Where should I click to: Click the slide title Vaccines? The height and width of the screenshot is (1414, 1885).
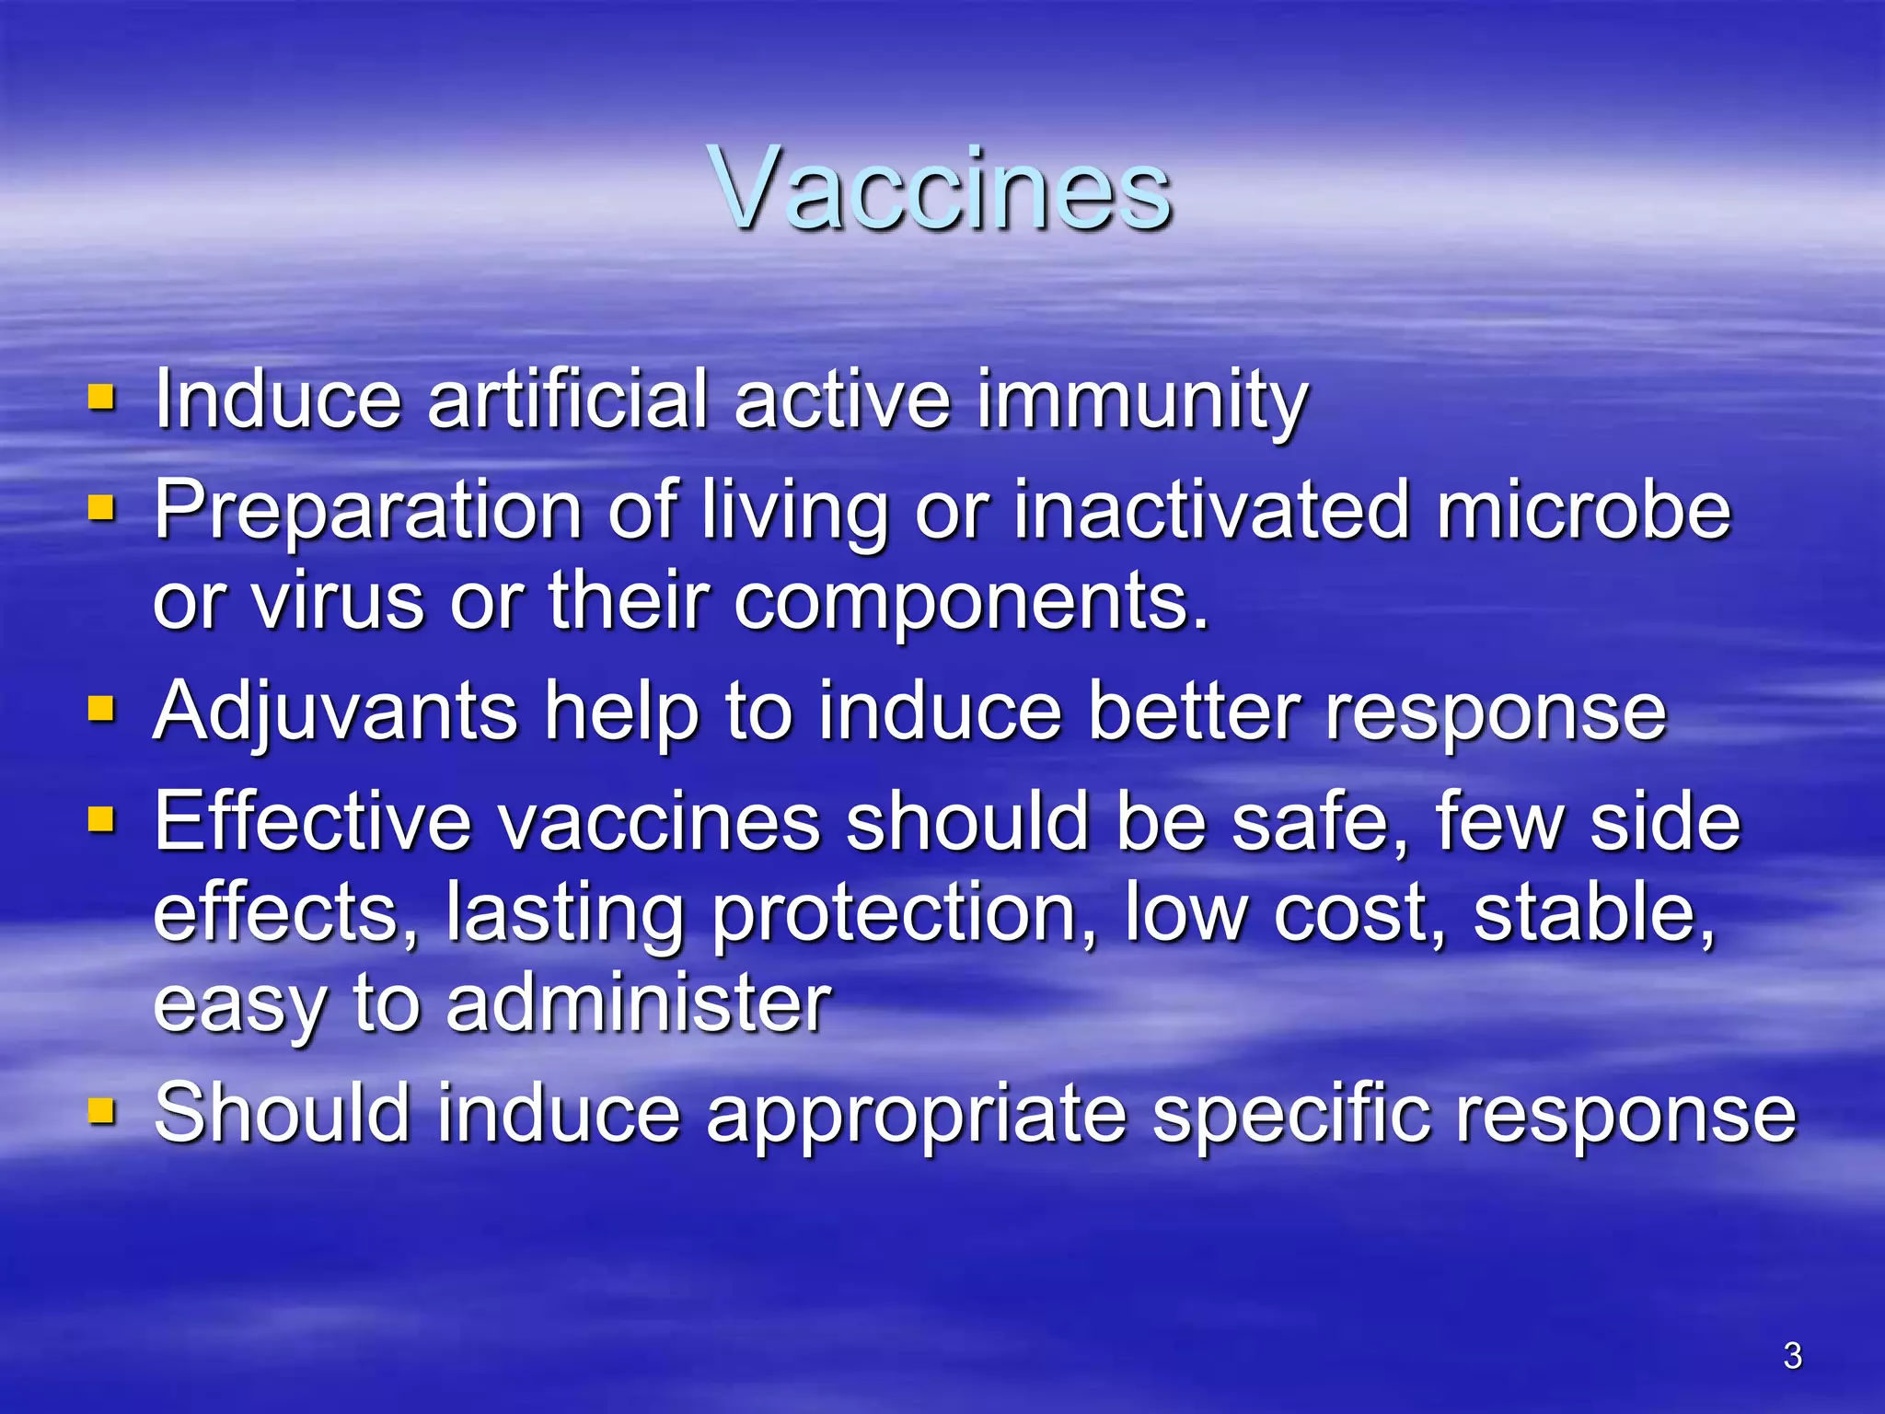point(941,191)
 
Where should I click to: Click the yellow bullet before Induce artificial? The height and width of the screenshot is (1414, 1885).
point(101,399)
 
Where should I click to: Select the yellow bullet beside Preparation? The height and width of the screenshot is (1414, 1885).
point(101,508)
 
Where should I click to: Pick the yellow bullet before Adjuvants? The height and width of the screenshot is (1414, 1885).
point(101,710)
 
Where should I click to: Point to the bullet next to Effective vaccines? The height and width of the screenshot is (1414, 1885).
point(101,818)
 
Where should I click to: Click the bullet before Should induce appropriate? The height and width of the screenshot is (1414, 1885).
point(101,1112)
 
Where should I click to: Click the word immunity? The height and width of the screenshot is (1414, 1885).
point(1141,401)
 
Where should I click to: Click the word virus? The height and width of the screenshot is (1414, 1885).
point(338,601)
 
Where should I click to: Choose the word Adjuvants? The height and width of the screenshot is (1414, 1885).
point(335,713)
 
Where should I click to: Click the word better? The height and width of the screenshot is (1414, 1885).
point(1194,712)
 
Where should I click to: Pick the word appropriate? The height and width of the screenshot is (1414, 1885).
point(916,1117)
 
